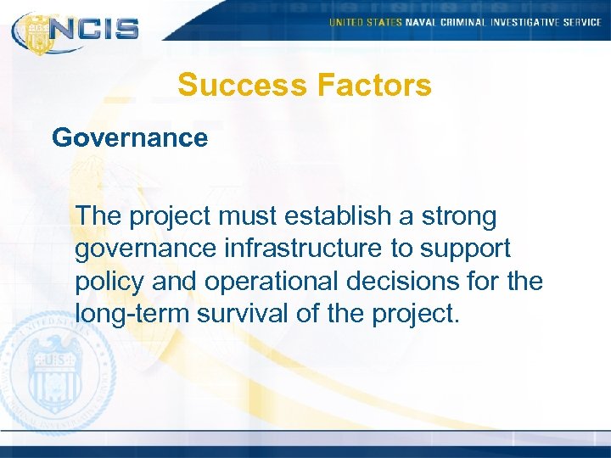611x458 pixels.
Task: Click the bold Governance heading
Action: (130, 137)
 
